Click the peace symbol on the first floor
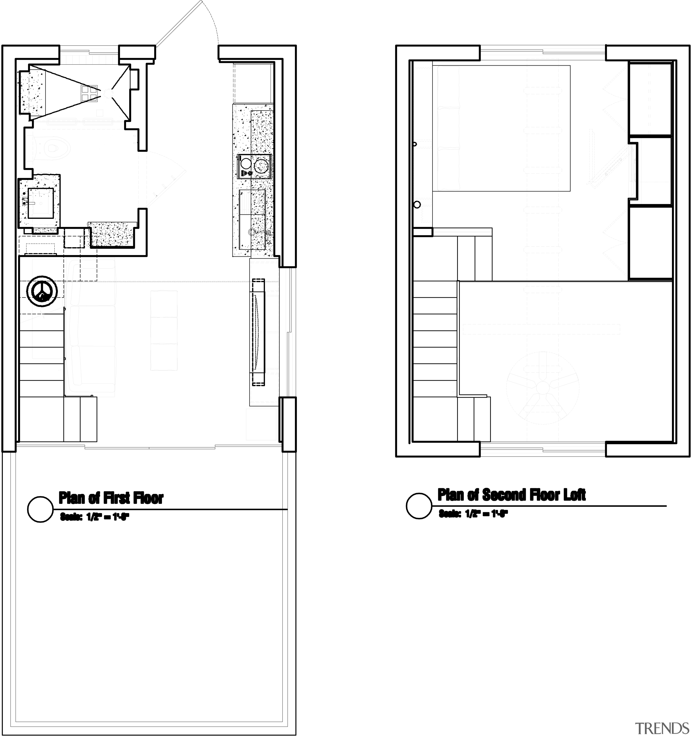42,292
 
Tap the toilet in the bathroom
52,148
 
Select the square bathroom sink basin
41,203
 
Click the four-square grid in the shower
89,93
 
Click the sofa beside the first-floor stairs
93,326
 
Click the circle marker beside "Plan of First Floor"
41,509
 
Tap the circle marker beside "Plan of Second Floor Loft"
419,506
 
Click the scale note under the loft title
473,514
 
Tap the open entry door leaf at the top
179,24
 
